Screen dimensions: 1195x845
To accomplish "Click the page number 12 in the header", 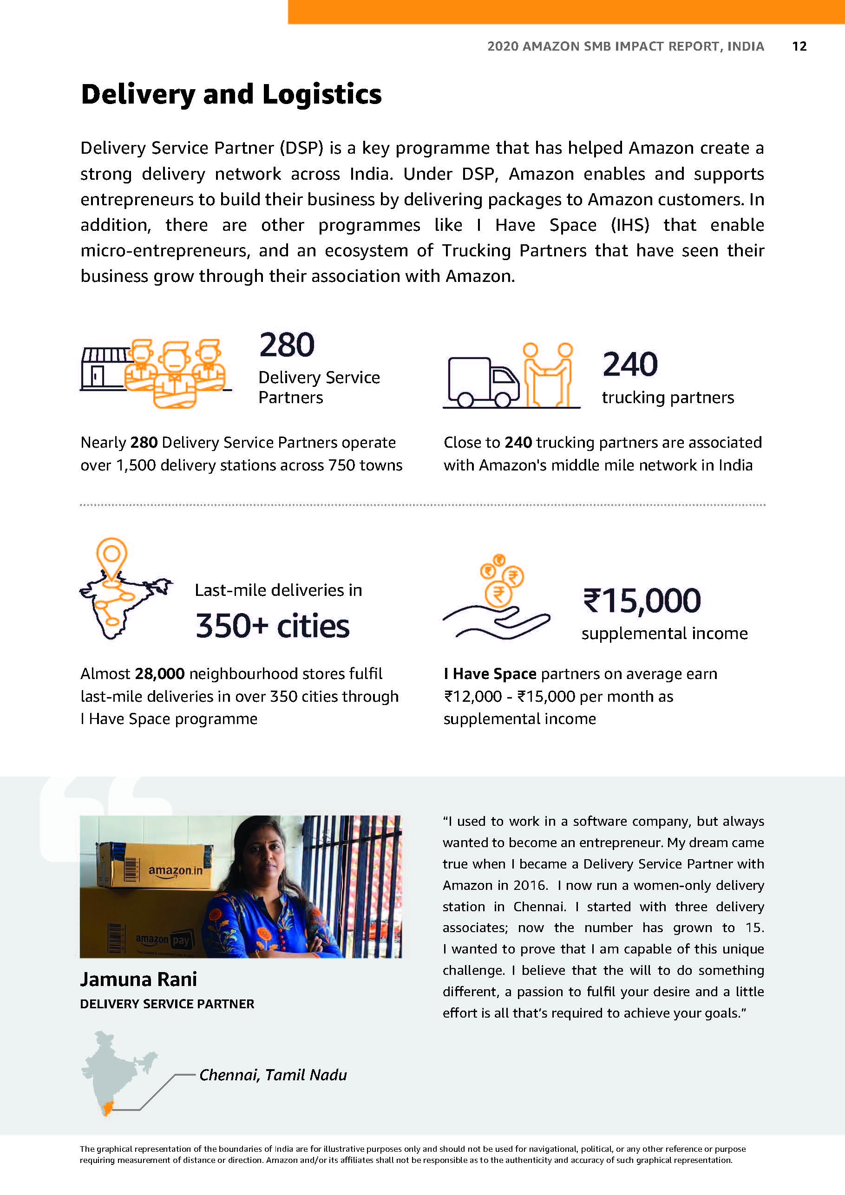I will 799,46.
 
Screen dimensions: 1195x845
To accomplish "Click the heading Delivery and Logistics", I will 231,95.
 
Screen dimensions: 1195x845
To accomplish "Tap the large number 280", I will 287,345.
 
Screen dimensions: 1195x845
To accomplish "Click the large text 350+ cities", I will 272,626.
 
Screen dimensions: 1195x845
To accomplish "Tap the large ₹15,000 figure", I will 642,601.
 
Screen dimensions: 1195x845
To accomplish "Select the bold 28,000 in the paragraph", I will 159,673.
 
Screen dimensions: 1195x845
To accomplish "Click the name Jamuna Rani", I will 138,980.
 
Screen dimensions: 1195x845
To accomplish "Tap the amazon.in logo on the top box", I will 175,871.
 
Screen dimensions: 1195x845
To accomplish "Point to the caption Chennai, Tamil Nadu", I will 273,1075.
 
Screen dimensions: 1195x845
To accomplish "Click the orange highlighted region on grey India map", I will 108,1109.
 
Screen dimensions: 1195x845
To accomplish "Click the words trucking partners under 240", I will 668,398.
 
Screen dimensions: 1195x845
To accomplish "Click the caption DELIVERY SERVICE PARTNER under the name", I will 167,1004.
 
